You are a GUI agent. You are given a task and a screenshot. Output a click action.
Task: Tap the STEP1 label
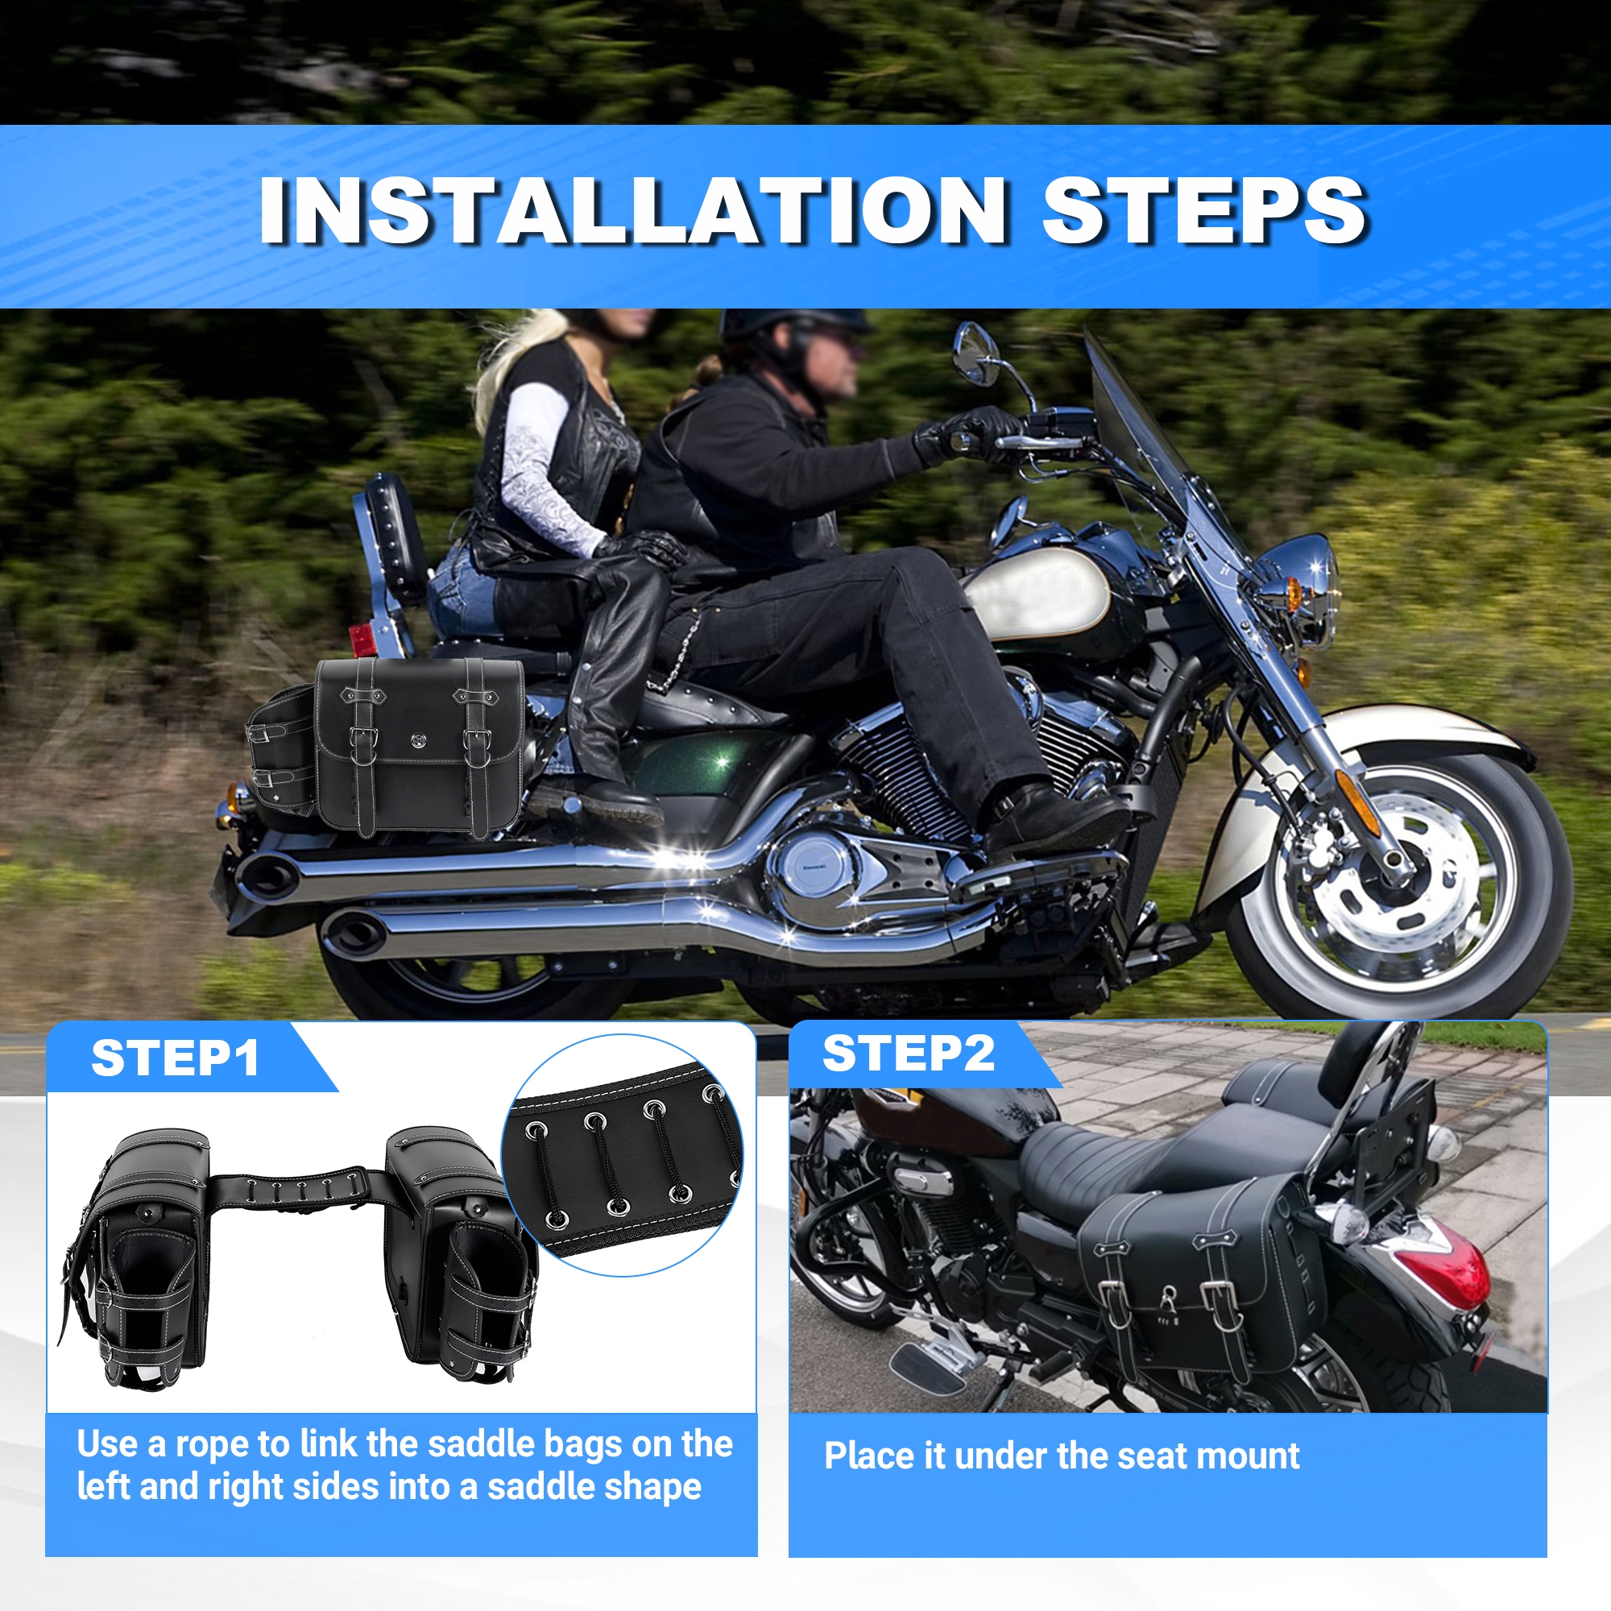175,1058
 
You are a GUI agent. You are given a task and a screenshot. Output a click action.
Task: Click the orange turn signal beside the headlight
1294,594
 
